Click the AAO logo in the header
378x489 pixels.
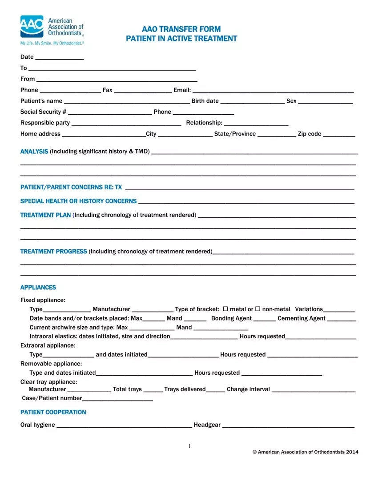(x=32, y=27)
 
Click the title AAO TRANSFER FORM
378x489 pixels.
(x=181, y=29)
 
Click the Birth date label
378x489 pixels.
(x=205, y=101)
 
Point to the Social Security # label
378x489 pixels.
(x=43, y=112)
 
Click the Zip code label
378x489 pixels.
(x=310, y=134)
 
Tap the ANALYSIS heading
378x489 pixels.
(x=34, y=152)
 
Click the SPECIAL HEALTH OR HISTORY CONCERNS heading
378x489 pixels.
(x=78, y=201)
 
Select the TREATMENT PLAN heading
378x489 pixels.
(x=45, y=215)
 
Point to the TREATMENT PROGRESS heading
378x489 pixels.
(x=54, y=252)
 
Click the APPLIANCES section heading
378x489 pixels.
(x=38, y=288)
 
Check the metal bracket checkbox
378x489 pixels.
(x=225, y=309)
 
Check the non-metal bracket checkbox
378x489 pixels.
(x=257, y=309)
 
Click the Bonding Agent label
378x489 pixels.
(x=231, y=318)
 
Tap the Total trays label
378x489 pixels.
(x=127, y=389)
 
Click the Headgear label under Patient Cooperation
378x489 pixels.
(x=207, y=425)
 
